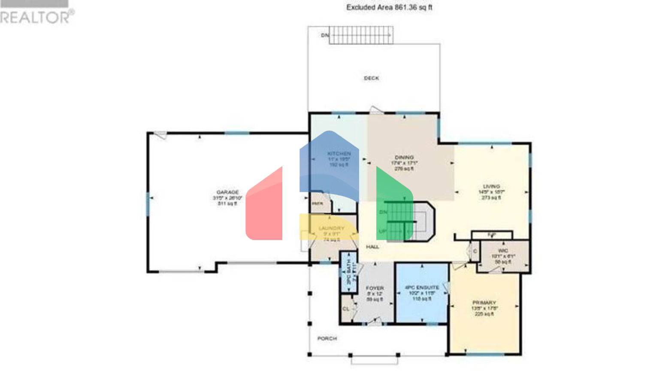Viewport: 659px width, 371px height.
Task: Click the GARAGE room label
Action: tap(227, 192)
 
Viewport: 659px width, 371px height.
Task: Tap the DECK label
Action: tap(371, 78)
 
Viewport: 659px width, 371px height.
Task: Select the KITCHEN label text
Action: tap(339, 154)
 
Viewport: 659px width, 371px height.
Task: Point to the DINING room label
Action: tap(404, 158)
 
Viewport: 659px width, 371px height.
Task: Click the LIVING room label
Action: tap(491, 187)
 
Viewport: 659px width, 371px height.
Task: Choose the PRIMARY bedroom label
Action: tap(484, 303)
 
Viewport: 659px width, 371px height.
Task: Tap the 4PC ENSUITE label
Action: tap(422, 288)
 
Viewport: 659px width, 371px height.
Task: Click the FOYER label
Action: tap(375, 288)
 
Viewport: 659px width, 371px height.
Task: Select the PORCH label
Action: tap(327, 338)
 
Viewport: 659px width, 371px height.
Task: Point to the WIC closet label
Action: tap(503, 251)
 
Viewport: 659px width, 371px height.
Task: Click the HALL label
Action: tap(372, 247)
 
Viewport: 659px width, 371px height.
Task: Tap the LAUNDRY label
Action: tap(331, 228)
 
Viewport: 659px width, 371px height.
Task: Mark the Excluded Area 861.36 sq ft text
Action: tap(389, 7)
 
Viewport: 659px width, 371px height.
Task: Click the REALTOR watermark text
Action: tap(36, 17)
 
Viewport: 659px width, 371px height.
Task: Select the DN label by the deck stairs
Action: tap(325, 35)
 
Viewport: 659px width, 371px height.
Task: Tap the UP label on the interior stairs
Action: tap(382, 231)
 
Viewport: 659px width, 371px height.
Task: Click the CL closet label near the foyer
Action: tap(346, 309)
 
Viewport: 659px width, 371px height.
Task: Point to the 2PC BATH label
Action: tap(348, 271)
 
